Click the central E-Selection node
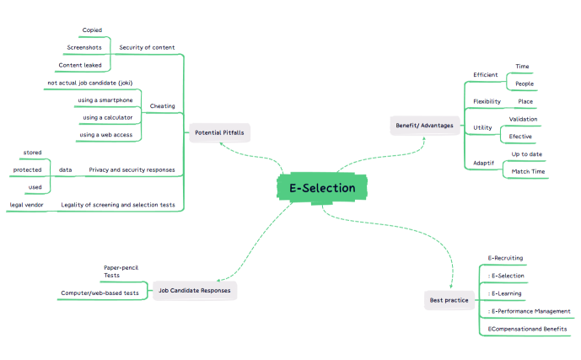pyautogui.click(x=322, y=188)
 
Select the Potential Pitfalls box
pyautogui.click(x=220, y=132)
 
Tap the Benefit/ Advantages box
pyautogui.click(x=425, y=126)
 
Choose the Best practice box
pyautogui.click(x=449, y=300)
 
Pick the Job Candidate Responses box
pyautogui.click(x=195, y=290)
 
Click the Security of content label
pyautogui.click(x=147, y=47)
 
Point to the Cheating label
pyautogui.click(x=162, y=106)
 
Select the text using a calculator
pyautogui.click(x=107, y=117)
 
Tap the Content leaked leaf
pyautogui.click(x=80, y=65)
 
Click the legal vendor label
pyautogui.click(x=26, y=205)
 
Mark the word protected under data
pyautogui.click(x=28, y=170)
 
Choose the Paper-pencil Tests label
pyautogui.click(x=121, y=271)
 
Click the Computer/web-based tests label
pyautogui.click(x=100, y=293)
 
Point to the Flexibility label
pyautogui.click(x=487, y=101)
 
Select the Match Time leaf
pyautogui.click(x=528, y=171)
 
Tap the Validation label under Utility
pyautogui.click(x=523, y=119)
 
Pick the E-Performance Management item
pyautogui.click(x=529, y=311)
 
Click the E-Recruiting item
pyautogui.click(x=505, y=258)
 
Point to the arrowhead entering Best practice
pyautogui.click(x=451, y=287)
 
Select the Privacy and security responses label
pyautogui.click(x=132, y=170)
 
